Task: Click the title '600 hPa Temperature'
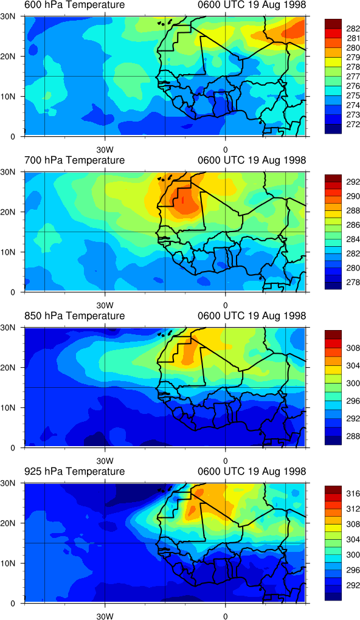75,5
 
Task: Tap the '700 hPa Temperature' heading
75,160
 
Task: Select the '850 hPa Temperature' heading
75,316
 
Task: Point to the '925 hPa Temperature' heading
75,471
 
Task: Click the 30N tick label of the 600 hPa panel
8,16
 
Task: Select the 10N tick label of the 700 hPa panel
8,252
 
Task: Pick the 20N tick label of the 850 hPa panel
8,367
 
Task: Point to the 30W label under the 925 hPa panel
105,616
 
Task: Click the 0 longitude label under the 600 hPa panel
225,150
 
